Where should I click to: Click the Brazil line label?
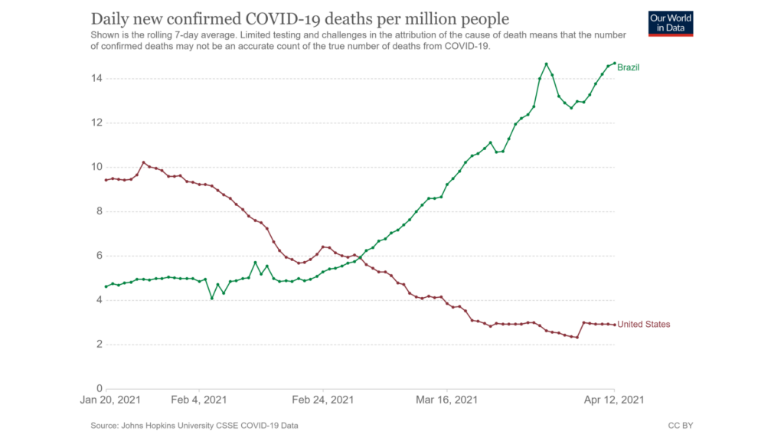[628, 67]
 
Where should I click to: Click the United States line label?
[643, 325]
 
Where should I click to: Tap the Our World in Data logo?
[671, 23]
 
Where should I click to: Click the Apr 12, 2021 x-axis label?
[614, 400]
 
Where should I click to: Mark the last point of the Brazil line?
[614, 64]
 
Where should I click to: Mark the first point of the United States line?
[106, 180]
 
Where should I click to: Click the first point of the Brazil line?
[106, 286]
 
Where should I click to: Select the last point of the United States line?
[614, 325]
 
